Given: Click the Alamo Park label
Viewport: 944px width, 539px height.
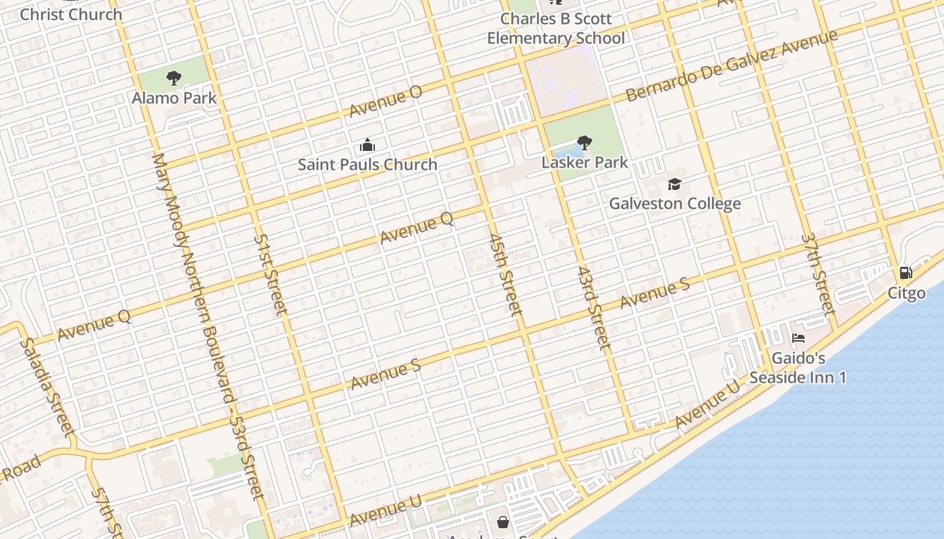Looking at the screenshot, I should pos(174,98).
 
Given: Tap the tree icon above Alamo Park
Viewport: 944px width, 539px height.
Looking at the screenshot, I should pos(174,78).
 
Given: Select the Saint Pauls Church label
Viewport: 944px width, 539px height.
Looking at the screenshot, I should pos(367,164).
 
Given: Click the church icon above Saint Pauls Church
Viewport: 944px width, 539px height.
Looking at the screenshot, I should pos(367,145).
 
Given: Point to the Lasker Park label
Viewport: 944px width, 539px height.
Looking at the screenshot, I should pos(585,162).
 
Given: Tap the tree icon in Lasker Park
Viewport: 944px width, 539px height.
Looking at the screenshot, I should pos(585,142).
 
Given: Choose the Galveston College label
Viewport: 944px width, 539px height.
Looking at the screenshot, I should pos(674,203).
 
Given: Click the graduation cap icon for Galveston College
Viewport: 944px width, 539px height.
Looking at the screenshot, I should pos(674,184).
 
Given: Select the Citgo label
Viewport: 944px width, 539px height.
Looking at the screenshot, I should pos(906,294).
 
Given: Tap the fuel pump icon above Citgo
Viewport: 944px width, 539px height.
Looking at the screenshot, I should pos(906,273).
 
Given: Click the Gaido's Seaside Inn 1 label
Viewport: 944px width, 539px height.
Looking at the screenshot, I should pos(798,368).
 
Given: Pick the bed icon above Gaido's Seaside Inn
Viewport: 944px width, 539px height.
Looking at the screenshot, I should pos(798,338).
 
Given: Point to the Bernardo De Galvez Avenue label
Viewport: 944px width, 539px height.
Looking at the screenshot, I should pos(732,65).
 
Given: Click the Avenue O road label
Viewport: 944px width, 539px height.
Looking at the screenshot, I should pos(386,101).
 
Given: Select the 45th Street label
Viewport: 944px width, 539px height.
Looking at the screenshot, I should pos(505,275).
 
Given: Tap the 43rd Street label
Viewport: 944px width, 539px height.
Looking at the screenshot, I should pos(593,308).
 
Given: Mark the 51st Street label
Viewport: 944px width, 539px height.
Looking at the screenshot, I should pos(270,275).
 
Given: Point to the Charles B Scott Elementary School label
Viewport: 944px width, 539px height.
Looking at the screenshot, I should pos(556,28).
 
